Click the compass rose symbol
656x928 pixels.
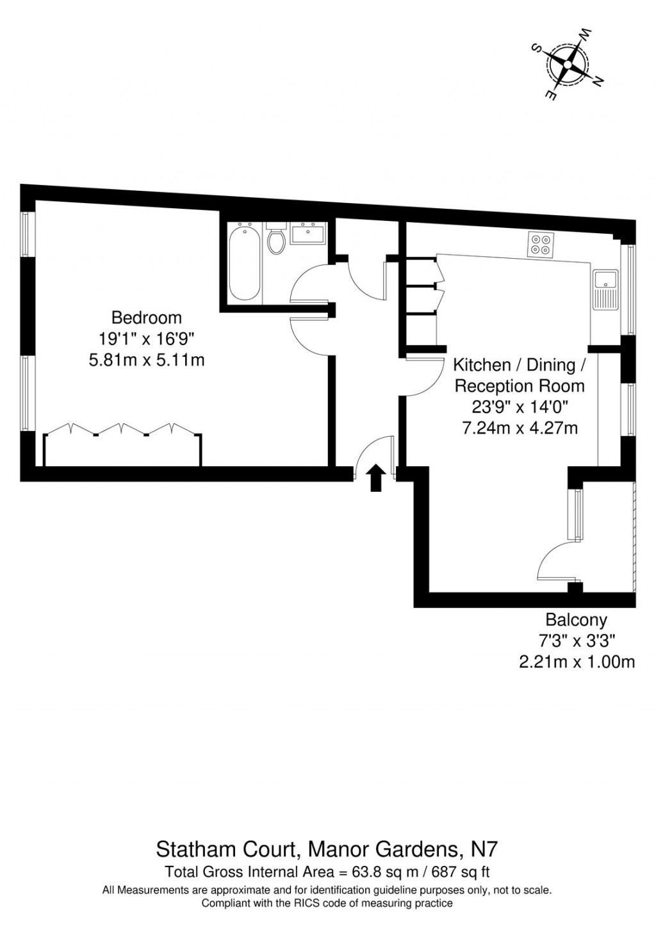pos(567,64)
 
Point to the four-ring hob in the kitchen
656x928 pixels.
pos(541,245)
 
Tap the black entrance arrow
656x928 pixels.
pos(375,478)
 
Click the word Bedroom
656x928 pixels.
pos(146,318)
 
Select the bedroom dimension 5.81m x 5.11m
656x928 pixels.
pos(146,360)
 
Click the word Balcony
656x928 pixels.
pos(576,619)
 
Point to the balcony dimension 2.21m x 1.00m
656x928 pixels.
pos(577,662)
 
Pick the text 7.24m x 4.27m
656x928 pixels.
pos(520,428)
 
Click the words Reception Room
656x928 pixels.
pos(520,386)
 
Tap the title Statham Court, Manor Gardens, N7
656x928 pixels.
pos(327,850)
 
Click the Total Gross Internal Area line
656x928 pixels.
pos(327,872)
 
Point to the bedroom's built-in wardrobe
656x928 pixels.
pos(122,448)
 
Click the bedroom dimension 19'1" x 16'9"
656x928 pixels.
pos(146,339)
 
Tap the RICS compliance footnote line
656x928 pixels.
pos(327,903)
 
